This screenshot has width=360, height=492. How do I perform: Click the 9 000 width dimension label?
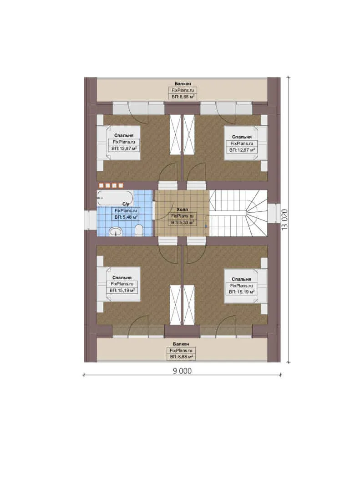(182, 370)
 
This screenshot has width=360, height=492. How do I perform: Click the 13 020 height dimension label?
(284, 220)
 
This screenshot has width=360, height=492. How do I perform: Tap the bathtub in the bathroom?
(115, 198)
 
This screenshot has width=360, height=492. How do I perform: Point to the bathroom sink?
(116, 231)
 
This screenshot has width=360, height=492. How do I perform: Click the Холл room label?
(183, 209)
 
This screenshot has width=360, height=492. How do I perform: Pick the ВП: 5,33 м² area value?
(183, 222)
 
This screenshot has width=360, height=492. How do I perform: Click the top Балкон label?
(183, 83)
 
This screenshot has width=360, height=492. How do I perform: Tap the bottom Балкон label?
(181, 344)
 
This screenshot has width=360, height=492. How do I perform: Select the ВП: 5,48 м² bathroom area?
(126, 217)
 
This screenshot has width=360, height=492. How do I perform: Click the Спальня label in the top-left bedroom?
(124, 135)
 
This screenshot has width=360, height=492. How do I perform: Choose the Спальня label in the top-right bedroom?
(242, 137)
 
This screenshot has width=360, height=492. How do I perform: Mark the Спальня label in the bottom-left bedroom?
(122, 277)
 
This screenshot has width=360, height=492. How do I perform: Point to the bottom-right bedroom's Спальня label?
(242, 279)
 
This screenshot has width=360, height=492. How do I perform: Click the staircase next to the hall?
(238, 213)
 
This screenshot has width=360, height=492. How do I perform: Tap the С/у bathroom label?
(126, 204)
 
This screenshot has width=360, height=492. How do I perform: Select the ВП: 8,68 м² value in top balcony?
(183, 97)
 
